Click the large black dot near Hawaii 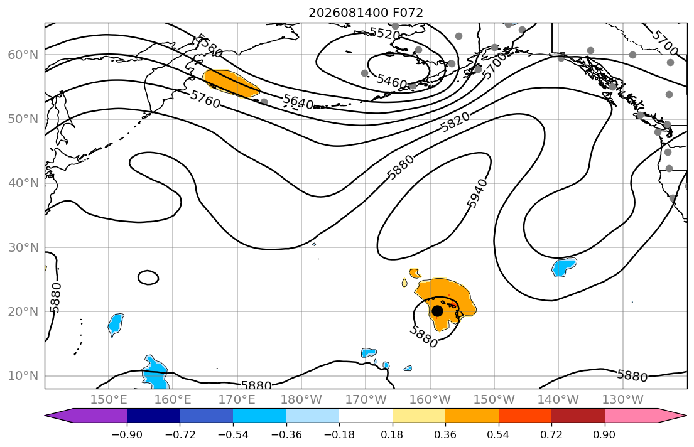pos(437,311)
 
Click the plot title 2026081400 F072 pos(366,13)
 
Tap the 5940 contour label pos(477,193)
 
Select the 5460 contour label pos(392,82)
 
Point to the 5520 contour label pos(384,33)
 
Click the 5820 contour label pos(455,122)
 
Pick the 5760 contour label pos(205,100)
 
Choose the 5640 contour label pos(298,102)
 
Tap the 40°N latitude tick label pos(23,183)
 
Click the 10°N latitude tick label pos(23,376)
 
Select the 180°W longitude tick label pos(301,400)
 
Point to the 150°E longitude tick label pos(109,400)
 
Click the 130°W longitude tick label pos(623,400)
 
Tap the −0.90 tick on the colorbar pos(127,435)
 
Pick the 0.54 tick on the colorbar pos(499,435)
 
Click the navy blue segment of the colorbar pos(153,416)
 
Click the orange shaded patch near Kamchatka pos(230,83)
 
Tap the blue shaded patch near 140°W pos(564,267)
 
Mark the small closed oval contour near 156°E pos(148,277)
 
